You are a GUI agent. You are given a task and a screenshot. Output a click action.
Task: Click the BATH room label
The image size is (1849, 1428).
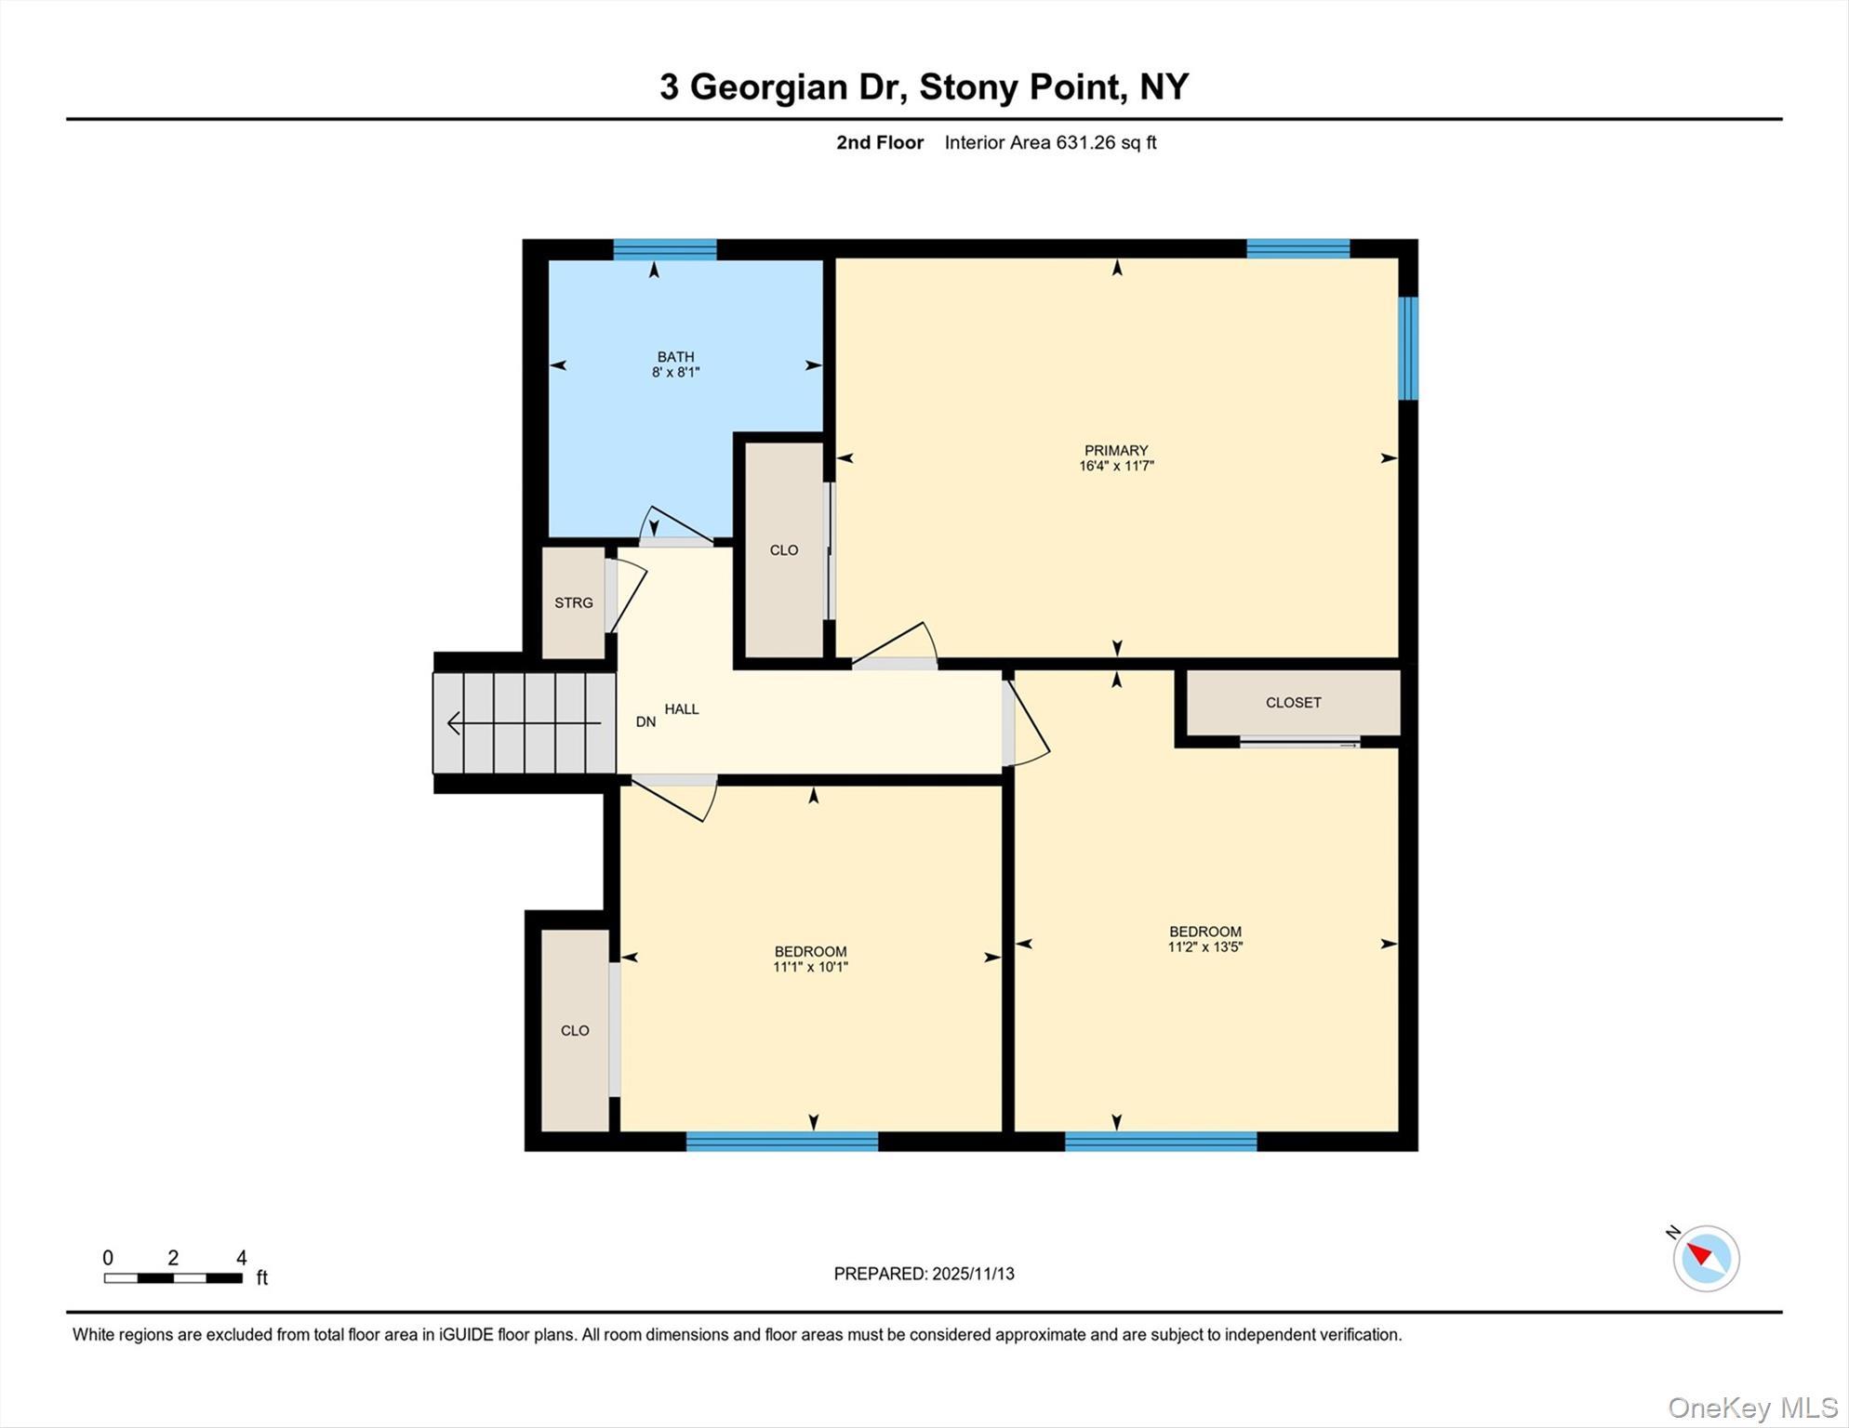coord(675,357)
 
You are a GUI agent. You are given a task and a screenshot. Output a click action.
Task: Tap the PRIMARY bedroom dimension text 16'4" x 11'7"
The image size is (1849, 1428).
coord(1116,466)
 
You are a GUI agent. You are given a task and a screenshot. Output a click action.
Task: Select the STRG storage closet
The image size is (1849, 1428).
coord(574,602)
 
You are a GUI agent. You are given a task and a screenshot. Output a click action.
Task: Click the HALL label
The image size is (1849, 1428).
coord(682,709)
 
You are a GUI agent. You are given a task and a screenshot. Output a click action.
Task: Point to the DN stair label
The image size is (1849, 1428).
coord(645,722)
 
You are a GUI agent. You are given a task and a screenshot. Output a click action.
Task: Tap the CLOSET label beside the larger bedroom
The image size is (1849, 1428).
coord(1293,703)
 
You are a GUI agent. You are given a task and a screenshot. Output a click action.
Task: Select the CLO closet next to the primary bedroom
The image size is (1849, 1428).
coord(784,550)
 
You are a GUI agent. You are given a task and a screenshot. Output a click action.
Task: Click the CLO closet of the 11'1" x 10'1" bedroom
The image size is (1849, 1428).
coord(575,1030)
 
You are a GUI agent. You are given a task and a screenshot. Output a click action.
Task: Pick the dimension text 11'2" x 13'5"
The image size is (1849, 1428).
coord(1205,947)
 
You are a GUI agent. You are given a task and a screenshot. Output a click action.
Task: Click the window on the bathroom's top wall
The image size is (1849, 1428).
coord(664,249)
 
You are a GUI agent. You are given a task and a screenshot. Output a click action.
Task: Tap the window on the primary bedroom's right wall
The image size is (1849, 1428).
coord(1409,348)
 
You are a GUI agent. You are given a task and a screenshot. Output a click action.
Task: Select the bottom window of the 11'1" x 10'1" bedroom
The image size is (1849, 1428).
coord(781,1142)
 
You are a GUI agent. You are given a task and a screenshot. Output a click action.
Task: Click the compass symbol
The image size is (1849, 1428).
coord(1706,1258)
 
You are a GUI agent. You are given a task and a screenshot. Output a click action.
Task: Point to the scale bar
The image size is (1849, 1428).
coord(173,1278)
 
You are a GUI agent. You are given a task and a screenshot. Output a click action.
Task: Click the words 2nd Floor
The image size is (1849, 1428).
coord(880,143)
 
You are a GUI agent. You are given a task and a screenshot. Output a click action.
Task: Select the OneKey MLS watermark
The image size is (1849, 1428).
coord(1752,1408)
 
